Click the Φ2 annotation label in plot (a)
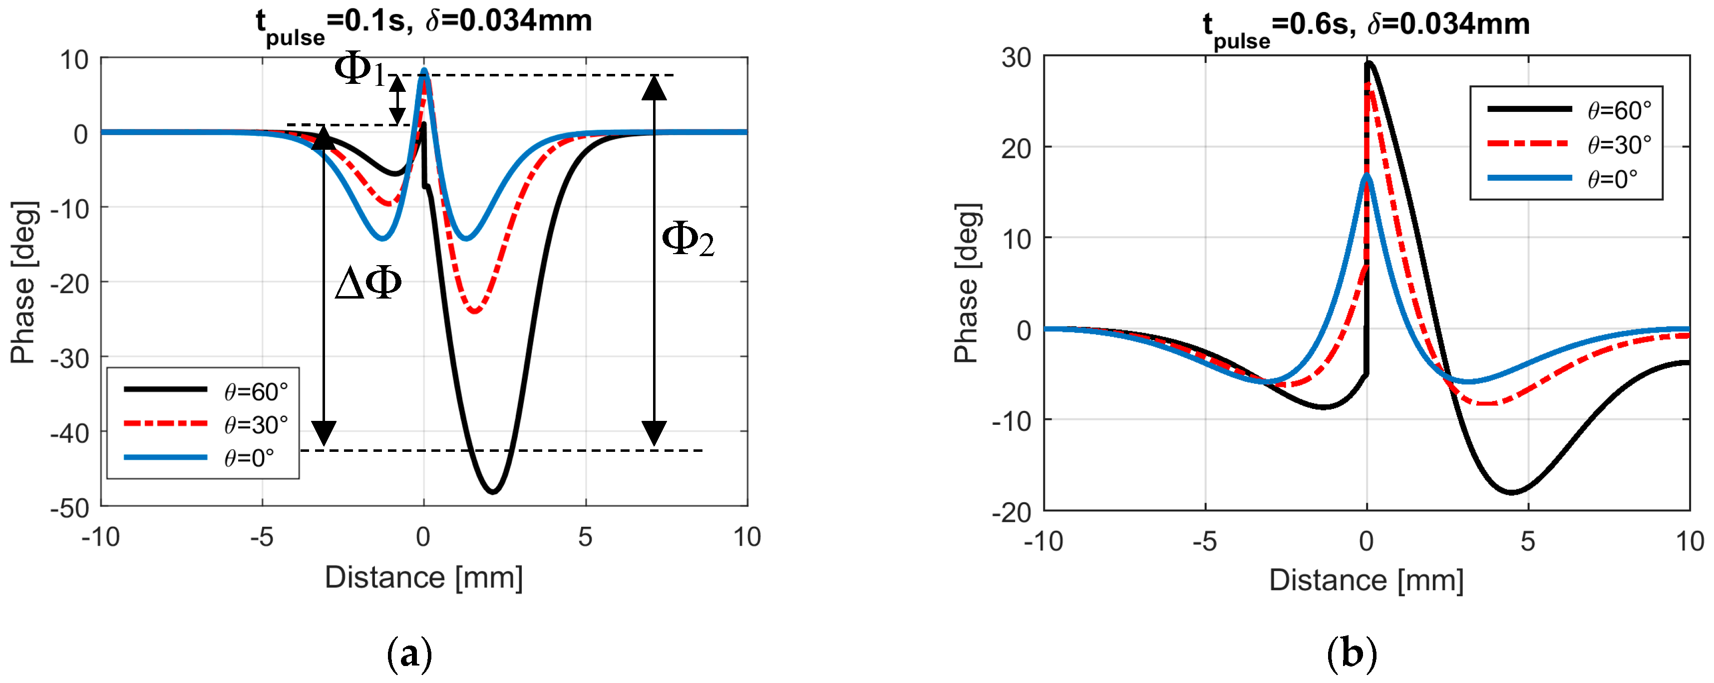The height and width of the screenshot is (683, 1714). point(687,240)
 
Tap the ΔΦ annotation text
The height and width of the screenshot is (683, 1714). point(368,284)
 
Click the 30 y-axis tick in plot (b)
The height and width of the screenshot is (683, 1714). point(1016,58)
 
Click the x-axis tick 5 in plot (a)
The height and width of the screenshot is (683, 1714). point(585,537)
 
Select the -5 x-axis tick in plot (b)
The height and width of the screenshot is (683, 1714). point(1204,542)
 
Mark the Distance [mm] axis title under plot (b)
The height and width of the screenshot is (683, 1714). point(1366,581)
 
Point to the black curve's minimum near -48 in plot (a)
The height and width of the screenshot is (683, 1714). point(492,492)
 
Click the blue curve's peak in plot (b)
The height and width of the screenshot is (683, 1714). point(1367,175)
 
